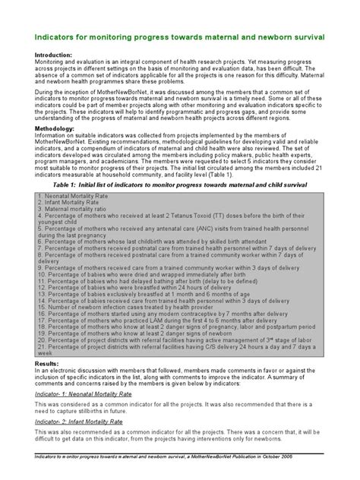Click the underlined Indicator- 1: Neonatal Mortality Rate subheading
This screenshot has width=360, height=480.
pos(84,395)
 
